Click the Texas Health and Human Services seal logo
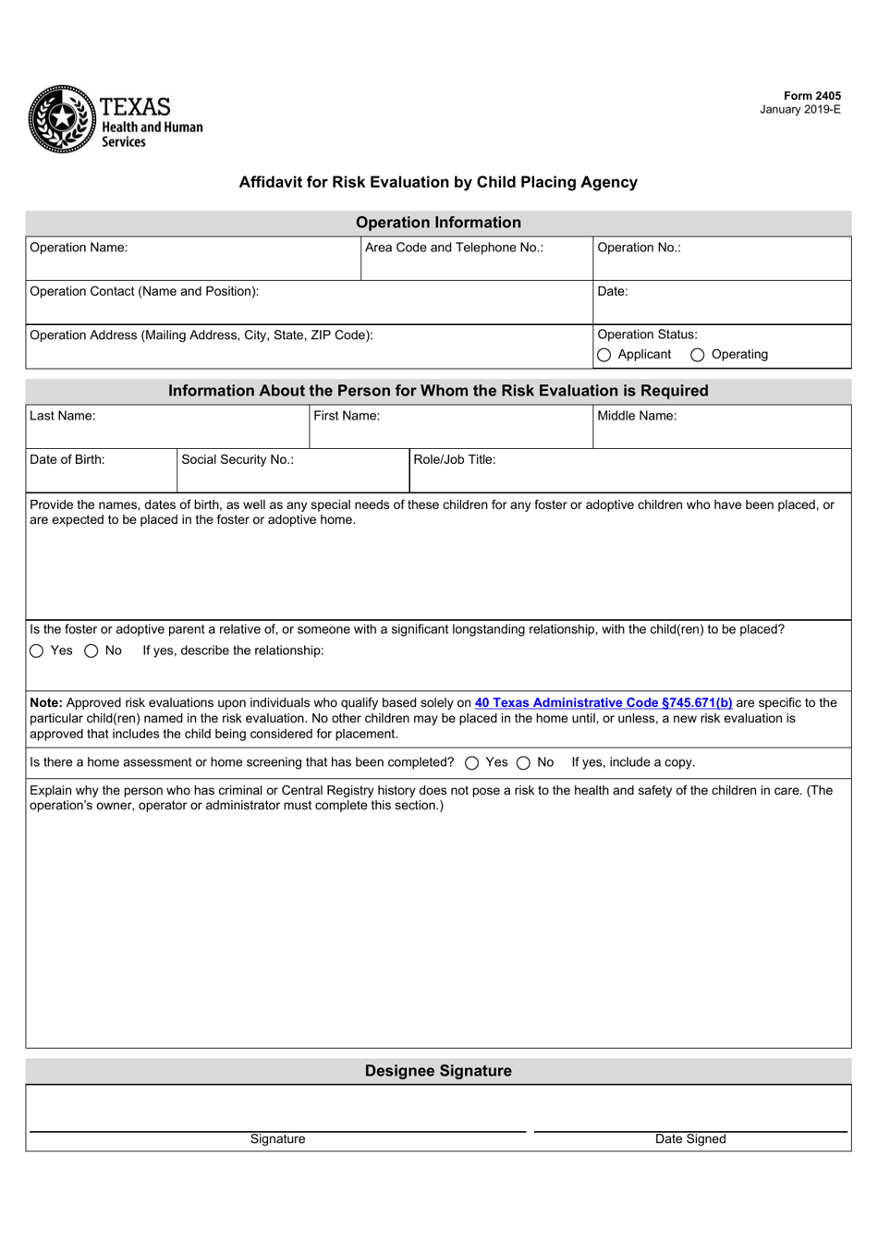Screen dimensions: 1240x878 click(x=62, y=119)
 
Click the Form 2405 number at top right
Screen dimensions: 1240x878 click(x=811, y=96)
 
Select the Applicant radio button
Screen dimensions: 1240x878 click(x=604, y=355)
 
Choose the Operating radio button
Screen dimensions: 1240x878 click(x=698, y=355)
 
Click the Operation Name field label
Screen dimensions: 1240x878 click(x=79, y=248)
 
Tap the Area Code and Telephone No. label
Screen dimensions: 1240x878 click(x=454, y=248)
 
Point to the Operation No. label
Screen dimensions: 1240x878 click(x=639, y=248)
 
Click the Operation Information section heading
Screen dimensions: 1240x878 click(x=438, y=223)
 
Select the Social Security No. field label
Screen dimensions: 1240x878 click(x=238, y=459)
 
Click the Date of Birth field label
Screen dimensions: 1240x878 click(x=67, y=459)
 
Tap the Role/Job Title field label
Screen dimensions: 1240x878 click(x=454, y=459)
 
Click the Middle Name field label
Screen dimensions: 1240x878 click(x=637, y=416)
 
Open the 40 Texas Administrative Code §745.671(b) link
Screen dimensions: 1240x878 click(x=604, y=703)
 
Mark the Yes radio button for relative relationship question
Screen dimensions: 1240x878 click(x=37, y=651)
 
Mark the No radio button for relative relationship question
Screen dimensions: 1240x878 click(x=91, y=651)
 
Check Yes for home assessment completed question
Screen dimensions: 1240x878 click(x=472, y=763)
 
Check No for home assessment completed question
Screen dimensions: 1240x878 click(x=523, y=763)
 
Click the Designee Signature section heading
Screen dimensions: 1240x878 click(x=438, y=1071)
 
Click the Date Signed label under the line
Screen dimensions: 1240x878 click(x=690, y=1139)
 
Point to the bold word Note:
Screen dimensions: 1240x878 click(x=46, y=703)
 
